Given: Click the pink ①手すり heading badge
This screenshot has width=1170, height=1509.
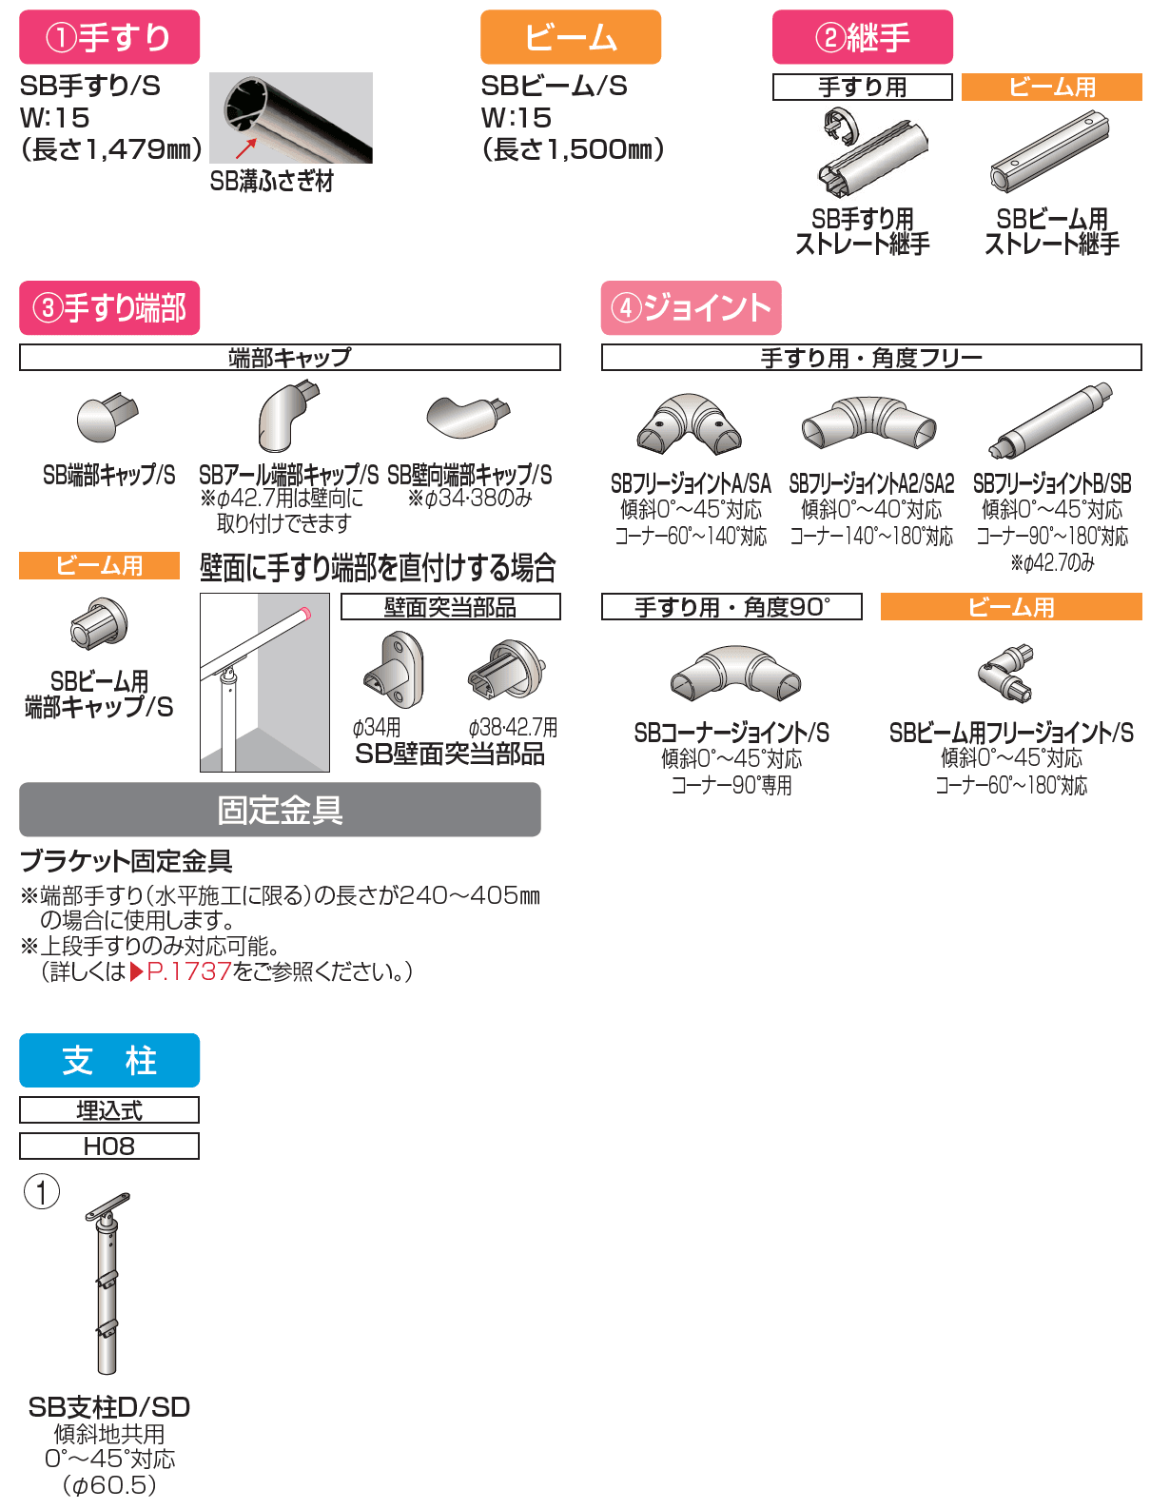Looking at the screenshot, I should coord(109,37).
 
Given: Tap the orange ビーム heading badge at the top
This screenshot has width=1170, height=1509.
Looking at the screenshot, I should coord(570,37).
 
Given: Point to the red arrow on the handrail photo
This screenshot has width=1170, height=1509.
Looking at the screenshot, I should coord(246,148).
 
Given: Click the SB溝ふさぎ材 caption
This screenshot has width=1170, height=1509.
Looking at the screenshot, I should coord(272,181).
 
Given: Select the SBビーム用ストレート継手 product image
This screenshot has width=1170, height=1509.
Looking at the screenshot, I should coord(1050,151).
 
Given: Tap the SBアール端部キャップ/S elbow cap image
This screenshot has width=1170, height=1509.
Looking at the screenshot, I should coord(286,416).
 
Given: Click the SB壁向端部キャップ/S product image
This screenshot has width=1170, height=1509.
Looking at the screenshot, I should coord(467,417).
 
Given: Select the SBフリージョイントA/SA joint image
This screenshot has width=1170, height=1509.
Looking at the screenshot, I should coord(690,424).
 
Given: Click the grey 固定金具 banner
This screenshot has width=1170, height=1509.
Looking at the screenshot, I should coord(280,810).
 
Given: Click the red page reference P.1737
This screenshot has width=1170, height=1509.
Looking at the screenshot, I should coord(188,971).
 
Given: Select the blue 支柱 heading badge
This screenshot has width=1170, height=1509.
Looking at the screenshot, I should coord(109,1060).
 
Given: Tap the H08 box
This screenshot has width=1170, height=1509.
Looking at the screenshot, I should coord(109,1146).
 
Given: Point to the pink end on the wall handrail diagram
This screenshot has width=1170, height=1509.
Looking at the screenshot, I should coord(305,614).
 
